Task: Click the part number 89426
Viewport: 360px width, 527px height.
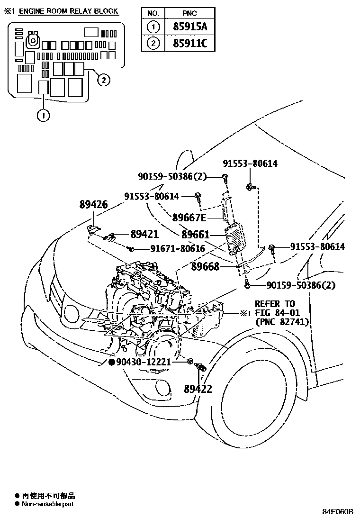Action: click(x=93, y=205)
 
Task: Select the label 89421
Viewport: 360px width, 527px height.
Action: click(x=144, y=234)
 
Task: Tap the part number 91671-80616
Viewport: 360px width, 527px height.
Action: click(x=178, y=248)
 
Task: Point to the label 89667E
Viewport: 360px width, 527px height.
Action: click(x=189, y=218)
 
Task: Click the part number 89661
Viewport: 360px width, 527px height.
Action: click(x=195, y=235)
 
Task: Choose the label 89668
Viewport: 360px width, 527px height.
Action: click(x=205, y=267)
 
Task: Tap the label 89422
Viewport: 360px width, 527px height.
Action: click(x=198, y=389)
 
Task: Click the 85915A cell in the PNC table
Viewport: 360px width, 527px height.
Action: click(x=189, y=27)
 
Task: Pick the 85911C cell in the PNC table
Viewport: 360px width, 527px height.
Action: click(x=189, y=44)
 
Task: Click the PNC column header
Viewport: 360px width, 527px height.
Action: click(x=189, y=13)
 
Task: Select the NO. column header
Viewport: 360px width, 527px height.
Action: click(x=153, y=13)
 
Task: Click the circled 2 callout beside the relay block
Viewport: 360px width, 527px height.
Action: click(x=103, y=80)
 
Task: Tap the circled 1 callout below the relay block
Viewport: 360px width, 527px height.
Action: click(x=44, y=115)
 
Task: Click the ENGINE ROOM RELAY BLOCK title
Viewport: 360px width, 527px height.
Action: click(x=68, y=11)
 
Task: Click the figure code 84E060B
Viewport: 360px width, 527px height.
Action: click(x=338, y=512)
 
